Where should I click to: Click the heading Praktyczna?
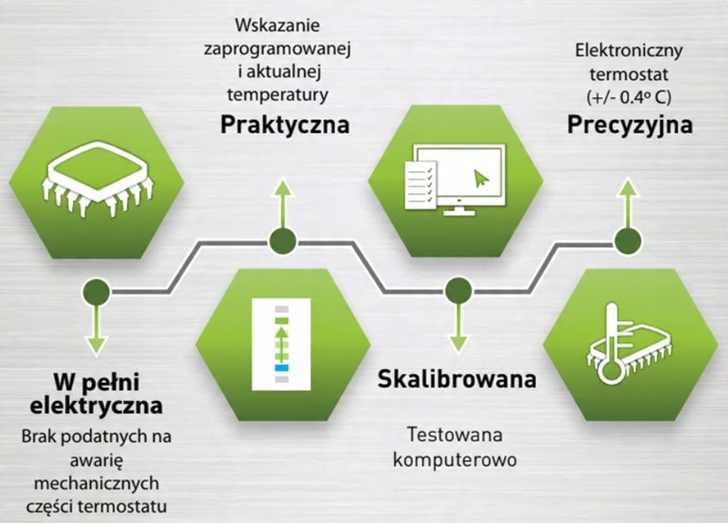point(285,126)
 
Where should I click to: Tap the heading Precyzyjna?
point(630,126)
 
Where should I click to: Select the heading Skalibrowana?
point(457,378)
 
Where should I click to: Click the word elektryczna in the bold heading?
point(96,405)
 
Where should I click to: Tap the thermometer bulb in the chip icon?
point(610,371)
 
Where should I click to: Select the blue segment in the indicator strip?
point(281,368)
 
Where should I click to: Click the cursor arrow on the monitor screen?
point(481,178)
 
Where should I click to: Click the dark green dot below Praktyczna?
point(283,241)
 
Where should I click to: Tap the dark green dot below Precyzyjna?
point(628,241)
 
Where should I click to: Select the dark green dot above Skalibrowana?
point(459,291)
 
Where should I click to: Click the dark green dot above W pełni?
point(96,292)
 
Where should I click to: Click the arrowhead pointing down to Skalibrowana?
point(459,344)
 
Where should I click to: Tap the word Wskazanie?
point(278,25)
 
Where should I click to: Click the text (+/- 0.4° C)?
point(629,97)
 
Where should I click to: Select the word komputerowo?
point(454,460)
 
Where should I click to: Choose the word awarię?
point(96,461)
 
